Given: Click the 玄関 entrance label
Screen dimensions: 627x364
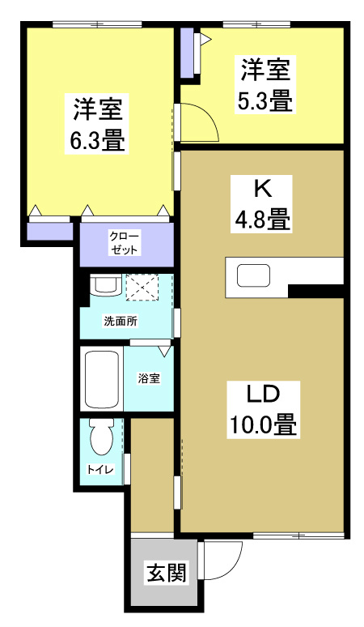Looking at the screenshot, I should [x=166, y=574].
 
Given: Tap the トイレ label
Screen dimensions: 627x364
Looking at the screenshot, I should [x=100, y=469].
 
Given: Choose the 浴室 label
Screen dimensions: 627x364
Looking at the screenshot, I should [x=147, y=378].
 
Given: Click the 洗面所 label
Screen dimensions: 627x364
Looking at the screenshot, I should [x=121, y=320].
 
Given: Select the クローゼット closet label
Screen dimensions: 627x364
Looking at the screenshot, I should [x=125, y=242].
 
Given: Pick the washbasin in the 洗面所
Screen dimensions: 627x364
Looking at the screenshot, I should [x=105, y=285].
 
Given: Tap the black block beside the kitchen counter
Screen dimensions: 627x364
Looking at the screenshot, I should [x=316, y=291].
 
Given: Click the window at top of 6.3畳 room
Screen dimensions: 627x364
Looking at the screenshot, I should [x=97, y=25].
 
